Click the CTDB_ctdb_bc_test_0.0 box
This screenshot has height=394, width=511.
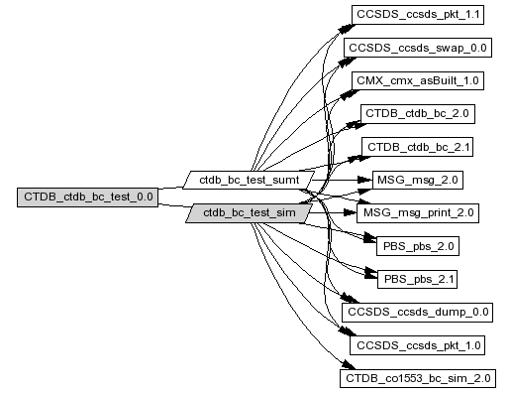(87, 197)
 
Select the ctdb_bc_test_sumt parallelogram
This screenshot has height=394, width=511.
(249, 180)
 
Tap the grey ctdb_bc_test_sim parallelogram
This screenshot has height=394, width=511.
(250, 212)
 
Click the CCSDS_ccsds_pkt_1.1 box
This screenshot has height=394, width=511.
(418, 15)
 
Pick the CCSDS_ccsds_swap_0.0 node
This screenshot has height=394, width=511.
(418, 48)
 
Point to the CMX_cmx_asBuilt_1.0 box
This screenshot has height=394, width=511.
(418, 80)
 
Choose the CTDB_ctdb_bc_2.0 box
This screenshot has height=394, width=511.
(418, 114)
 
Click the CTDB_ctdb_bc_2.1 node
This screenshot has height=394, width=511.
(418, 147)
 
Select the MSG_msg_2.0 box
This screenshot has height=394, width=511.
(418, 180)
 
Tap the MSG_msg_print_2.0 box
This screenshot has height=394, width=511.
(418, 213)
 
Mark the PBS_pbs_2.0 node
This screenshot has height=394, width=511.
(418, 246)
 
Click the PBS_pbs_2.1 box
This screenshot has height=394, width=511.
(417, 279)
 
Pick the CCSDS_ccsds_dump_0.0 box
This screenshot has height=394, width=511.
(417, 313)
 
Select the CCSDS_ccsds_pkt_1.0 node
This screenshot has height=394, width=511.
(417, 345)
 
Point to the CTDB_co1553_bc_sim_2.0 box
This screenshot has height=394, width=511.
(418, 378)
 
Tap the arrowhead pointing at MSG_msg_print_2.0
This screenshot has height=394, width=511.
(350, 212)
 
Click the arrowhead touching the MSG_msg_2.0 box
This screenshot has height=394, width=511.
(365, 180)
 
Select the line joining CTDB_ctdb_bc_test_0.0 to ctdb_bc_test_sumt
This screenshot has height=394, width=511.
(171, 188)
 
